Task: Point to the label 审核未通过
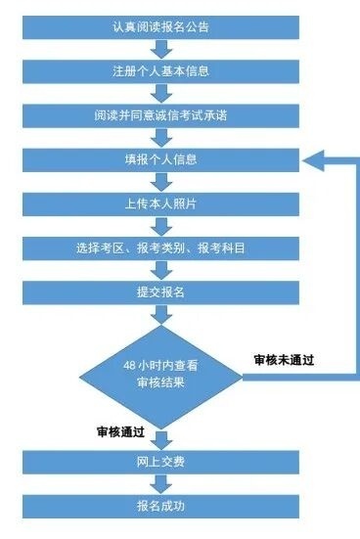pos(289,360)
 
